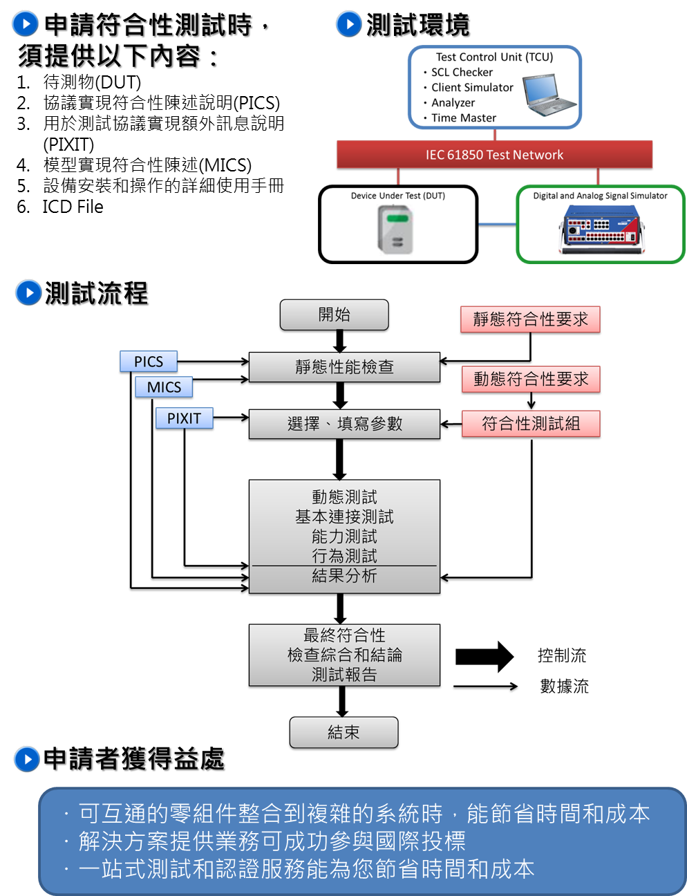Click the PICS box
tap(149, 362)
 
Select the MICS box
tap(164, 387)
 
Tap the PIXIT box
tap(184, 418)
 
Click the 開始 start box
tap(334, 315)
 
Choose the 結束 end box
tap(343, 732)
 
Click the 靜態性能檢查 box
tap(344, 367)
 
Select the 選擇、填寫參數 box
tap(344, 424)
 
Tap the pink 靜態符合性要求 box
tap(530, 319)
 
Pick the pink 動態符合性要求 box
tap(531, 379)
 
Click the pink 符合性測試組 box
tap(531, 424)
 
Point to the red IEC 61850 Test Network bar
tap(494, 155)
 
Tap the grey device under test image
tap(395, 230)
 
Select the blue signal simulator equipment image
tap(601, 230)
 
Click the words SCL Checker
tap(462, 73)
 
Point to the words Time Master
tap(464, 118)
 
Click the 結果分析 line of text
tap(344, 576)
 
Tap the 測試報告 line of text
tap(344, 675)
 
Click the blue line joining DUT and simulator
tap(496, 224)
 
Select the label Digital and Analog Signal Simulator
tap(600, 196)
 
